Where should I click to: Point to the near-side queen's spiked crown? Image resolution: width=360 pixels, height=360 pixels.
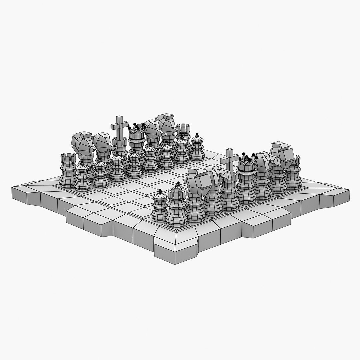[x=247, y=161]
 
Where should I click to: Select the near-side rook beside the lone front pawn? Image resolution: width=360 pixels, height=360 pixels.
[x=177, y=207]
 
